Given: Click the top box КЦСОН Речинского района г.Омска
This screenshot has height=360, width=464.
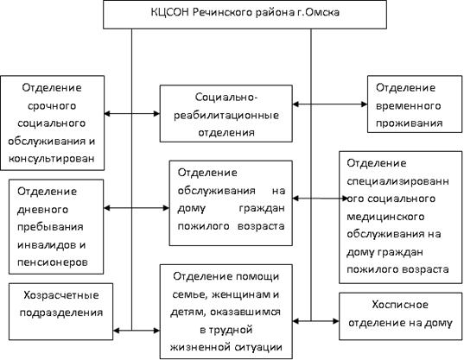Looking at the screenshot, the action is click(245, 14).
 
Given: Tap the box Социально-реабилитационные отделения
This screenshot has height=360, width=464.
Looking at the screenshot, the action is click(226, 113).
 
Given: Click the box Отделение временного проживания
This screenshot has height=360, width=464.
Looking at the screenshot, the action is click(415, 104).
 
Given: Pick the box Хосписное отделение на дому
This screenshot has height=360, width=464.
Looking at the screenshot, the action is click(400, 316).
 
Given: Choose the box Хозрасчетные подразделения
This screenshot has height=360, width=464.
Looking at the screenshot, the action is click(60, 312).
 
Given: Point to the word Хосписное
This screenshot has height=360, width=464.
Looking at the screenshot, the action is click(400, 305).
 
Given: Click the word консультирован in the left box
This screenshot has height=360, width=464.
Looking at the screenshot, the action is click(52, 159).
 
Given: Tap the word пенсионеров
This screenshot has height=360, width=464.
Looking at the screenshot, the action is click(53, 262).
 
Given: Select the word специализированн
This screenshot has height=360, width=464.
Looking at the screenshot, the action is click(397, 181).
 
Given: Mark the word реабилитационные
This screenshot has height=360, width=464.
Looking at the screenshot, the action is click(226, 115).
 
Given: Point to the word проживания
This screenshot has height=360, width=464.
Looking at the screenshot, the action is click(409, 123).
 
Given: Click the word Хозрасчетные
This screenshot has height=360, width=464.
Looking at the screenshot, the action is click(61, 295).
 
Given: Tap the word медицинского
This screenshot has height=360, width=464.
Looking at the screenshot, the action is click(385, 217).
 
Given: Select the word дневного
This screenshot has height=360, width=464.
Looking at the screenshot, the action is click(42, 210).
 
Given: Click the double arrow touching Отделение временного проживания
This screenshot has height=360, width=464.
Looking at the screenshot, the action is click(330, 104).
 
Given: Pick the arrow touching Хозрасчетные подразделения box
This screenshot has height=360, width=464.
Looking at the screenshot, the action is click(137, 330).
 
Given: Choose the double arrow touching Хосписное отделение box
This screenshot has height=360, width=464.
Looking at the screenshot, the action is click(315, 320).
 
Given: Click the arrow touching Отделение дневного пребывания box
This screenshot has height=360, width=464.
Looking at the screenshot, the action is click(137, 208).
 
